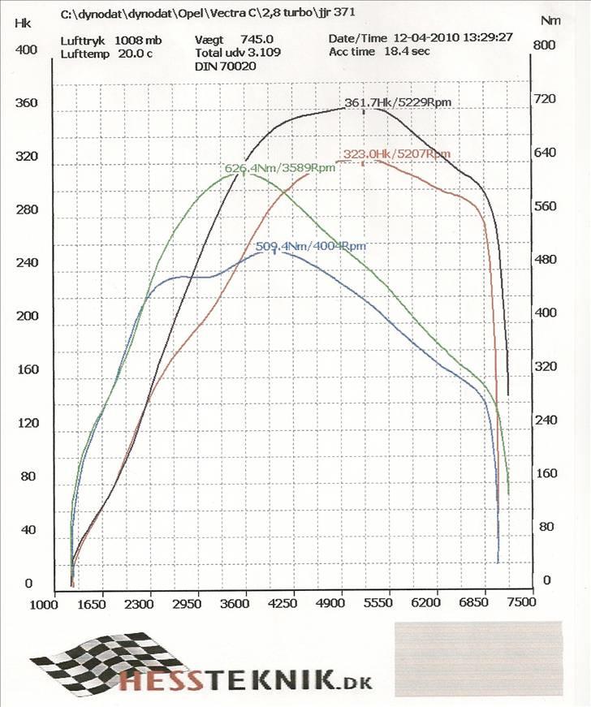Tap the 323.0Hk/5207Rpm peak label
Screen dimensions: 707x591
[x=396, y=153]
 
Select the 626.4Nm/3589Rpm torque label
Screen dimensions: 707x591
[x=279, y=168]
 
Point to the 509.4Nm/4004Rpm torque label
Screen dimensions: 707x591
[x=310, y=246]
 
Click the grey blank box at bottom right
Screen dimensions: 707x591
[x=478, y=659]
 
